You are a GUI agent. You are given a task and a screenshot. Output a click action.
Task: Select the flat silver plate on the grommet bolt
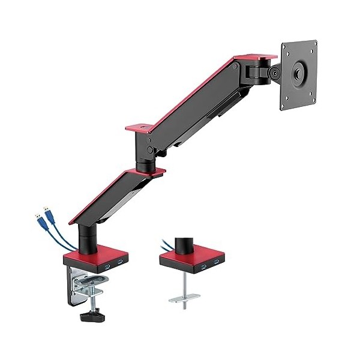coord(185,297)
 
